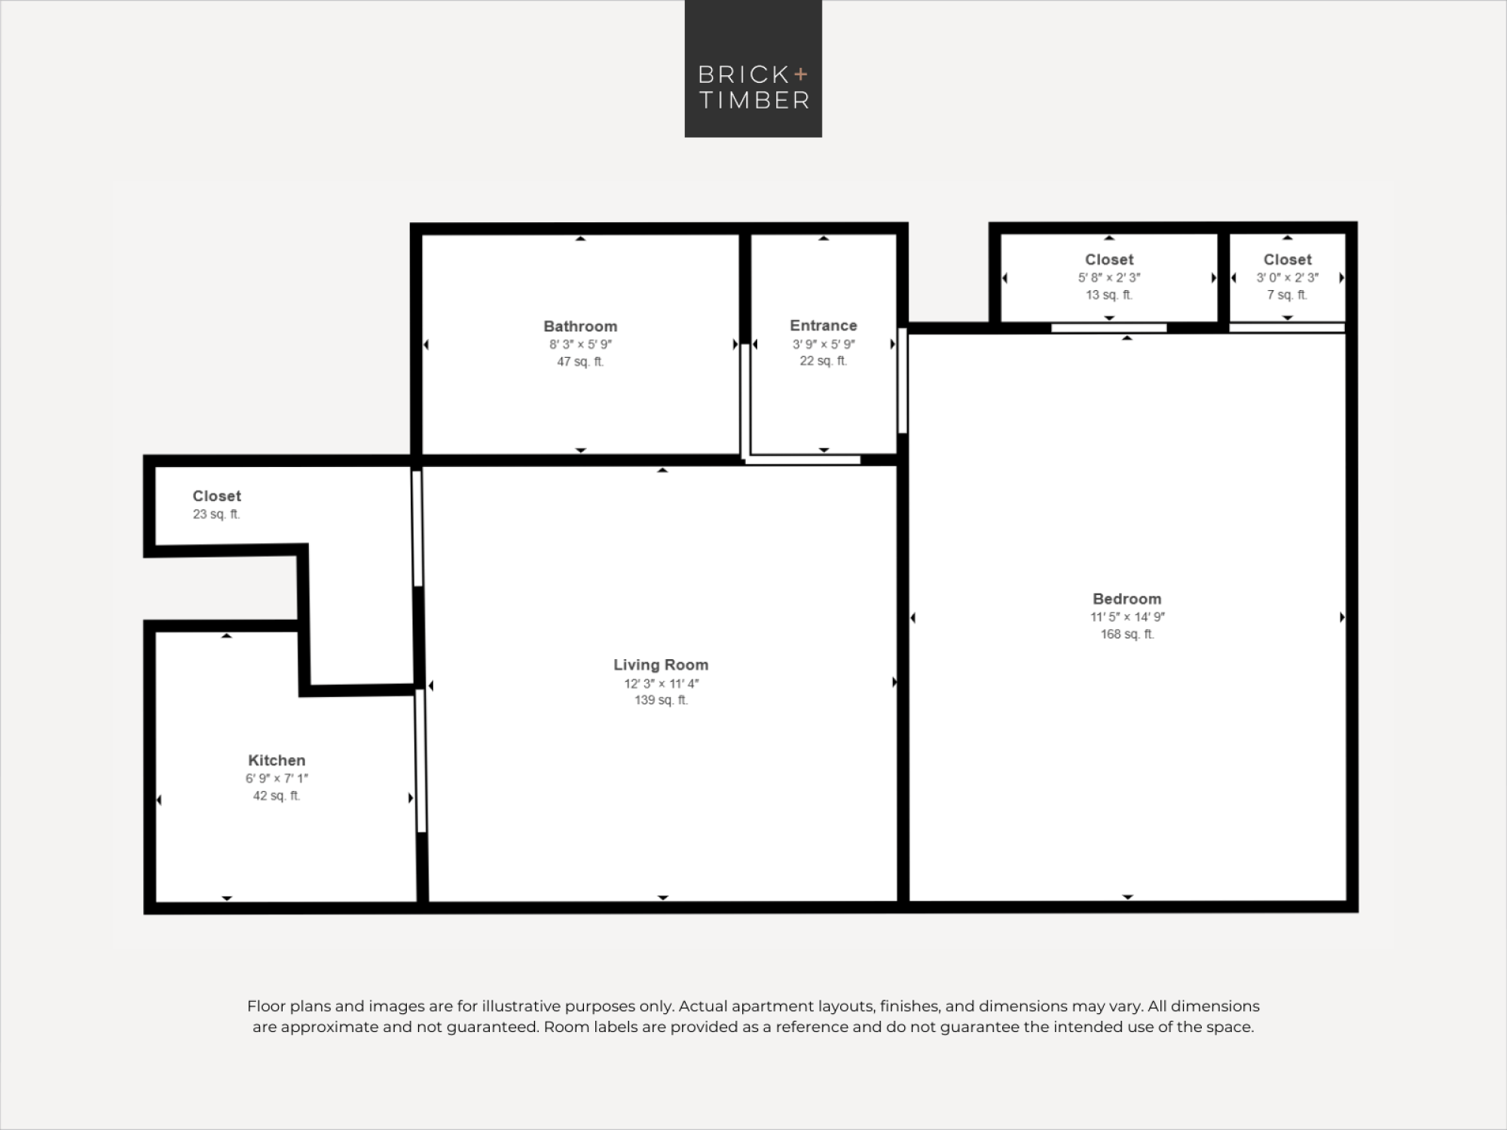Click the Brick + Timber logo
coord(753,69)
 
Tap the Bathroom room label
coord(580,326)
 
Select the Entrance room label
coord(824,325)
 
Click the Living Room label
coord(661,664)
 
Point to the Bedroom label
coord(1127,599)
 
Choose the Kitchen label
coord(277,760)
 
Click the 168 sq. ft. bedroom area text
coord(1127,634)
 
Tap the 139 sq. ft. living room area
coord(661,701)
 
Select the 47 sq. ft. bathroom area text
coord(580,362)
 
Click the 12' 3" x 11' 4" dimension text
coord(661,683)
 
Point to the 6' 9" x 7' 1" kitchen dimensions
coord(277,778)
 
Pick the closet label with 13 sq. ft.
coord(1109,260)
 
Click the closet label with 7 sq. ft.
coord(1288,260)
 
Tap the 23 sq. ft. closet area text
coord(216,515)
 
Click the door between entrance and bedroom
coord(903,380)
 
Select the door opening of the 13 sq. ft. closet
coord(1109,328)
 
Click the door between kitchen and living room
coord(421,761)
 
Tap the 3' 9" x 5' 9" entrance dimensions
coord(824,344)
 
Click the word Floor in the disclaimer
coord(266,1006)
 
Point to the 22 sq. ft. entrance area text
coord(824,361)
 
